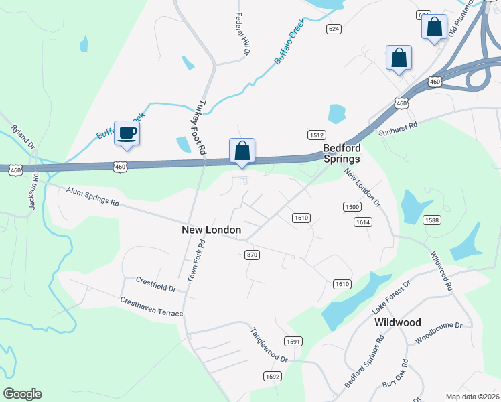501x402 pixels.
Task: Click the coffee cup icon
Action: pos(127,133)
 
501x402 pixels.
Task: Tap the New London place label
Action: pos(211,230)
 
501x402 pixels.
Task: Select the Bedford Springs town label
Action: pos(342,153)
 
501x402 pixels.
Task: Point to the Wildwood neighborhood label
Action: pos(398,322)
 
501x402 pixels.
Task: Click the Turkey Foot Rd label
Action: pos(198,126)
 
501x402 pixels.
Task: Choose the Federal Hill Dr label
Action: pos(242,34)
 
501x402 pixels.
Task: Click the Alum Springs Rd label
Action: pos(92,197)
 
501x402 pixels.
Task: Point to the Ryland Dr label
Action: pos(21,137)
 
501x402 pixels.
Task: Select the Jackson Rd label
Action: pos(32,194)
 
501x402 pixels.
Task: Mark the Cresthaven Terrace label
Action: pos(151,308)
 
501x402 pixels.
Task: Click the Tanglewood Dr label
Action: pos(269,345)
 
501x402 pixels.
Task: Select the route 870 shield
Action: pos(252,255)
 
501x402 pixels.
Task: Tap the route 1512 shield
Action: pos(316,135)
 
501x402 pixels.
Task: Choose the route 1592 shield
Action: pos(272,377)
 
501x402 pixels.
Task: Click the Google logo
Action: pos(22,394)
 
